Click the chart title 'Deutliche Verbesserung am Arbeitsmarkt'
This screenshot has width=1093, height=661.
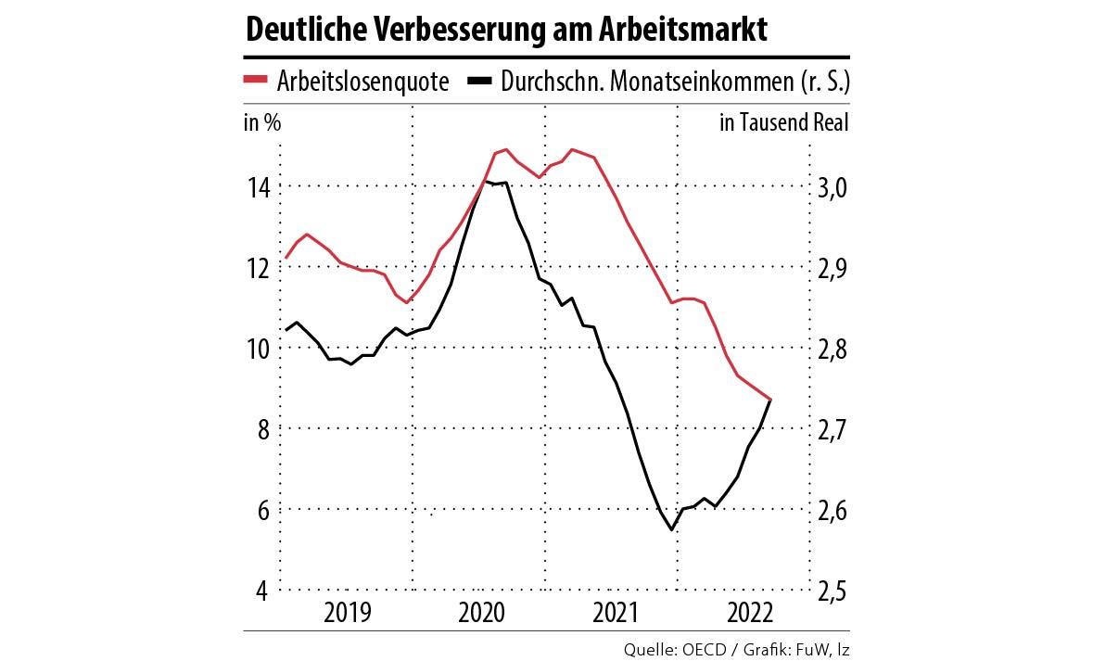coord(505,29)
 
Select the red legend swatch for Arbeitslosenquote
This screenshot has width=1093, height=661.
coord(256,81)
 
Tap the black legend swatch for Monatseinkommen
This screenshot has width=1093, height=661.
coord(479,81)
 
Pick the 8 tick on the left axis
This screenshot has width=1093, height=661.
coord(262,429)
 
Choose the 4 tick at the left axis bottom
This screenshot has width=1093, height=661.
coord(262,591)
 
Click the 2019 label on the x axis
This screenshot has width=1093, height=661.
coord(348,613)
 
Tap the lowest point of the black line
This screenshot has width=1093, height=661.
coord(671,529)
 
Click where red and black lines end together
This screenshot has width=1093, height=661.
coord(770,399)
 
